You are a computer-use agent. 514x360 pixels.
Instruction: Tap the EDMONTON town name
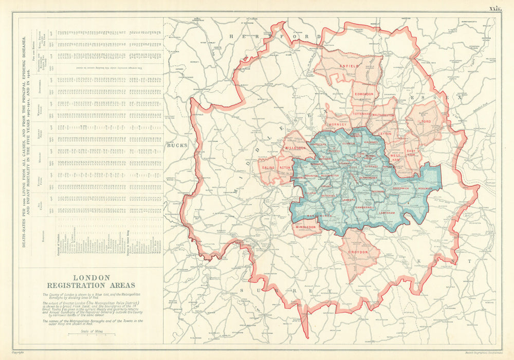click(x=364, y=94)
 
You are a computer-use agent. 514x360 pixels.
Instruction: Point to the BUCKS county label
click(x=176, y=145)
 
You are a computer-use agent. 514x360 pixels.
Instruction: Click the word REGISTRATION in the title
click(x=91, y=286)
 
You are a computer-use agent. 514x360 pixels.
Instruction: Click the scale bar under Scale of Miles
click(x=91, y=335)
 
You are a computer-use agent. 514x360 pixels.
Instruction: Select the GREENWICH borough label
click(x=401, y=188)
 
